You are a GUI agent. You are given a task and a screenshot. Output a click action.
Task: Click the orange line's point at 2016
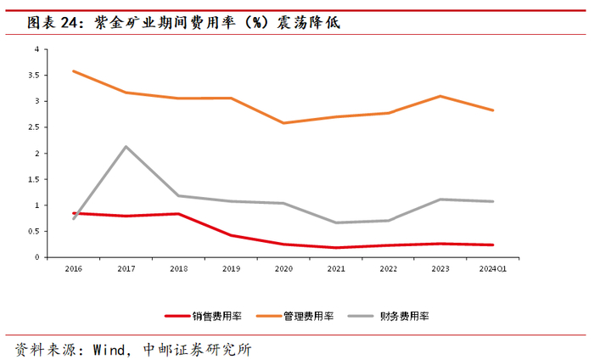coord(74,70)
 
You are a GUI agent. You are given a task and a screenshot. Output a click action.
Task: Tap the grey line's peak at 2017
coord(126,147)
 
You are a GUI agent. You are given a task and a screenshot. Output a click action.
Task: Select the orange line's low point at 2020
coord(283,123)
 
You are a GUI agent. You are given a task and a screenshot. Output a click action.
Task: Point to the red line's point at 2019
coord(231,235)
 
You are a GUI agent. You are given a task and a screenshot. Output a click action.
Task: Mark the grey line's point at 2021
coord(336,222)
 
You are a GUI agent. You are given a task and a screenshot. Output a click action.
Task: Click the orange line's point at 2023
coord(440,96)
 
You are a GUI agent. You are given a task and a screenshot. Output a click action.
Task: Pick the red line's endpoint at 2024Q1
coord(492,245)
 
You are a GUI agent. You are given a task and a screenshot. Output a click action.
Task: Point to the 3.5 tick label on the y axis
coord(34,75)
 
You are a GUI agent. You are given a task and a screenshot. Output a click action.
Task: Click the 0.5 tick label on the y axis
coord(34,231)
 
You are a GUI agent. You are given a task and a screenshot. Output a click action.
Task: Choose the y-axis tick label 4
coord(36,49)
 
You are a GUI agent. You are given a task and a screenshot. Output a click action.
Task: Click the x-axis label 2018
coord(178,268)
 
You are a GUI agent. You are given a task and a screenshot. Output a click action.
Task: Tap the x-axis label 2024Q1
coord(492,268)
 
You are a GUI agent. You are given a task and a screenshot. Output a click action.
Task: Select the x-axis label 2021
coord(336,268)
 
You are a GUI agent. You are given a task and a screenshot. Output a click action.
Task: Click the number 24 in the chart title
coord(68,23)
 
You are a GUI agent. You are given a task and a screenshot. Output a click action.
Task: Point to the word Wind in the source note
coord(109,350)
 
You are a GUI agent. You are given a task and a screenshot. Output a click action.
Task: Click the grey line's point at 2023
coord(440,200)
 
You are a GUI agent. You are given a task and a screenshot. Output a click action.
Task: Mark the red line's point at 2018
coord(178,214)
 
